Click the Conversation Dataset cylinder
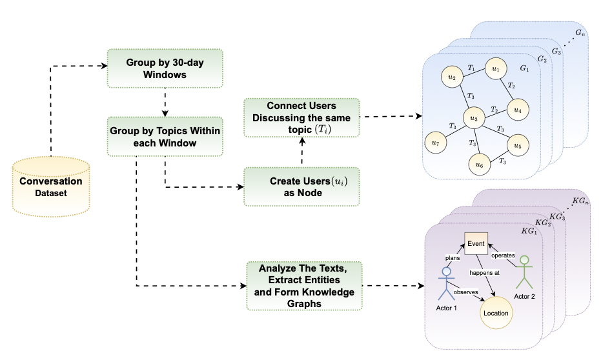[50, 186]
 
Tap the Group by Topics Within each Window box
[165, 137]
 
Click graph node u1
[495, 68]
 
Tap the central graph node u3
[474, 118]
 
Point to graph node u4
[517, 110]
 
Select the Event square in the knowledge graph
[476, 245]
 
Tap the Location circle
[496, 313]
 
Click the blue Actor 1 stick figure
[446, 284]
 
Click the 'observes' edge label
[466, 292]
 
